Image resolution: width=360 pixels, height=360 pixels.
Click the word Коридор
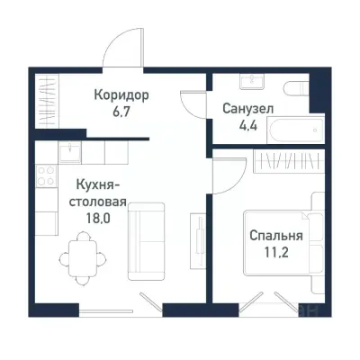pyautogui.click(x=122, y=94)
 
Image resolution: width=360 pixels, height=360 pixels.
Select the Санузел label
pyautogui.click(x=247, y=108)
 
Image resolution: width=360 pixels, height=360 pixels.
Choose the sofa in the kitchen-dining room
pyautogui.click(x=145, y=236)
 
